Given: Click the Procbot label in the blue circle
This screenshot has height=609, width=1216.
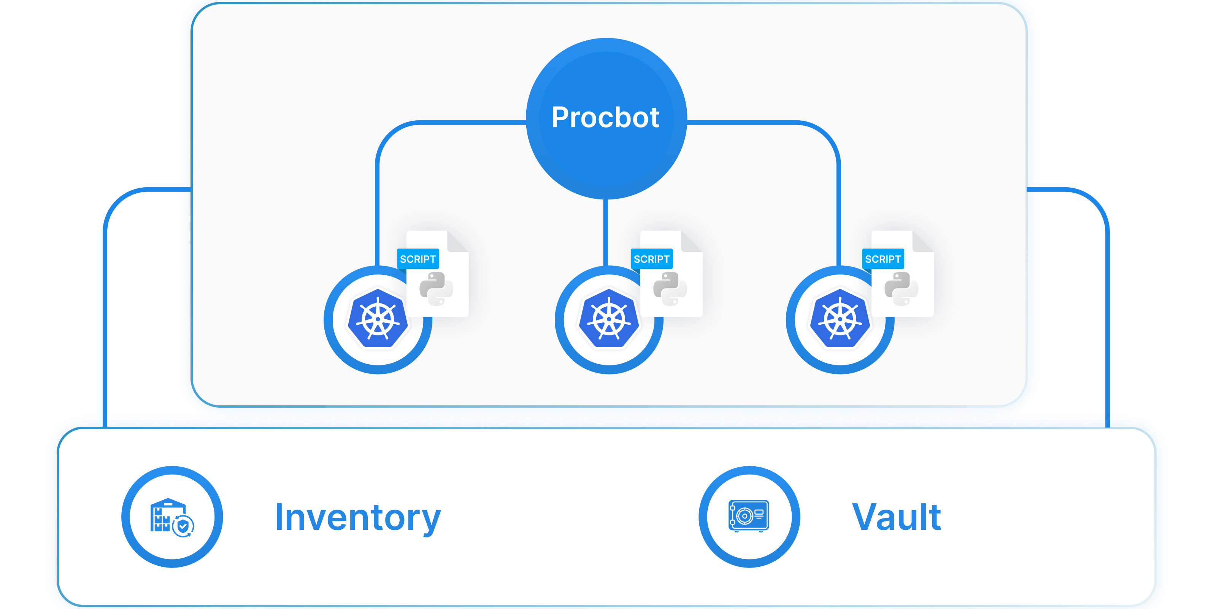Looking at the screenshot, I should pyautogui.click(x=605, y=118).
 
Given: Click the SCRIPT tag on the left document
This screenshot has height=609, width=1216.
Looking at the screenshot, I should pyautogui.click(x=418, y=259).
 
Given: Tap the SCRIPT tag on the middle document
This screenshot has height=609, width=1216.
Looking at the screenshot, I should pyautogui.click(x=651, y=259).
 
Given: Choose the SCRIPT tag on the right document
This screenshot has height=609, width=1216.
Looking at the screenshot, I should pyautogui.click(x=883, y=259).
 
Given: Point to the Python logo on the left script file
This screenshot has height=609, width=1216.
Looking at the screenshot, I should pyautogui.click(x=436, y=288).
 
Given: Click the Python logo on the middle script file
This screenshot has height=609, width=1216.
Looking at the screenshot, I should pyautogui.click(x=670, y=288).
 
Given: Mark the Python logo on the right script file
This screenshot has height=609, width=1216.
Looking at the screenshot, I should pyautogui.click(x=901, y=288).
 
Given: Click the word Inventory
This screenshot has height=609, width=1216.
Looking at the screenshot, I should pyautogui.click(x=357, y=518).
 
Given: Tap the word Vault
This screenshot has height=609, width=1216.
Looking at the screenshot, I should pyautogui.click(x=896, y=518).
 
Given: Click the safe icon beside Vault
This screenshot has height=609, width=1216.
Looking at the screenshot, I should pyautogui.click(x=749, y=516).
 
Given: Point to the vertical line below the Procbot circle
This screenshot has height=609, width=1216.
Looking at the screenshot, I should pyautogui.click(x=606, y=231).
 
